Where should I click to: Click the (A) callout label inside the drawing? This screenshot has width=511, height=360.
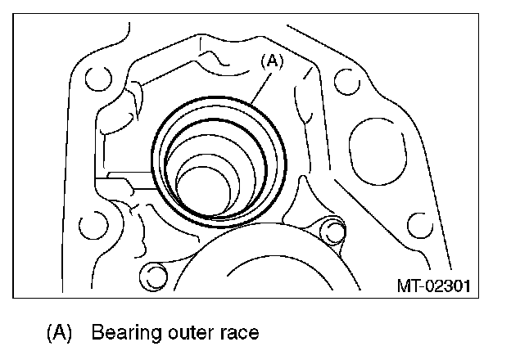click(x=273, y=61)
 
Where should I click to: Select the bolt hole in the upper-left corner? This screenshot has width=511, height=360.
click(x=96, y=78)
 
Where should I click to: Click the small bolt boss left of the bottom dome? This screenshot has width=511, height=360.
click(x=151, y=272)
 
